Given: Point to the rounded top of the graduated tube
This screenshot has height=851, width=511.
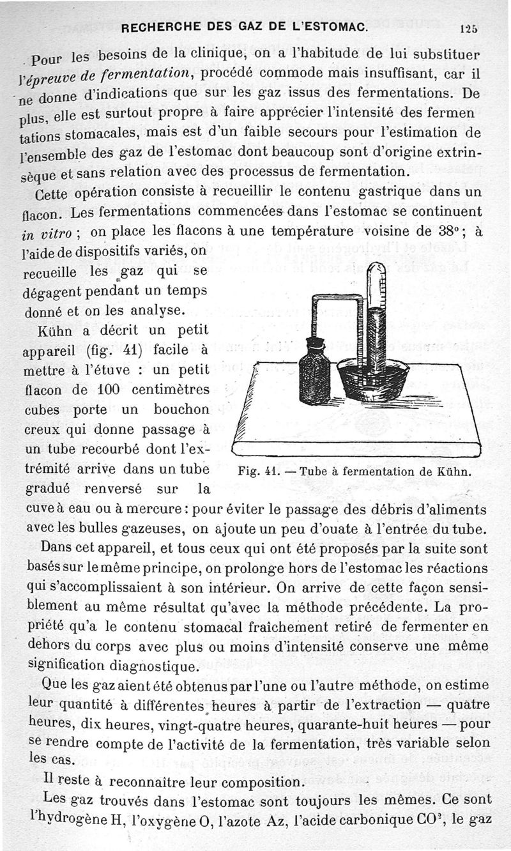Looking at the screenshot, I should (x=374, y=271).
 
